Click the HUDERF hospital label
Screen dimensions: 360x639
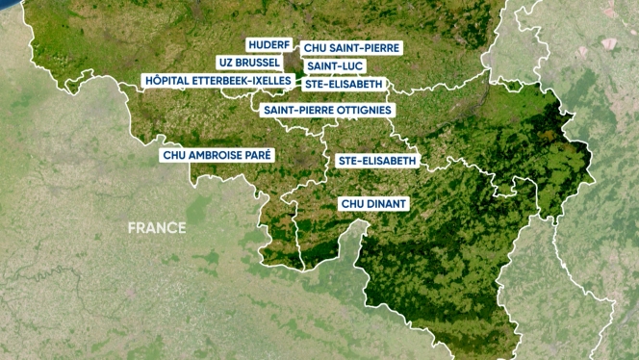point(268,45)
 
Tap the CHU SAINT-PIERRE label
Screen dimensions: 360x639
point(351,47)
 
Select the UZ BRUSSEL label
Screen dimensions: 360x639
point(249,63)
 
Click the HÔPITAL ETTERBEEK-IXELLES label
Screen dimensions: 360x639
point(217,81)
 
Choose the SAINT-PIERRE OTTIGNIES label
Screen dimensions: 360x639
point(327,110)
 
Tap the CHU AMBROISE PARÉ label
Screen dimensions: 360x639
point(218,154)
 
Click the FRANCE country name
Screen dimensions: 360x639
point(157,228)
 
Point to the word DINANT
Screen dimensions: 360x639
point(388,204)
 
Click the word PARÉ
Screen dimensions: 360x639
point(259,154)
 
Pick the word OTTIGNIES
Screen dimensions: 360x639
point(362,110)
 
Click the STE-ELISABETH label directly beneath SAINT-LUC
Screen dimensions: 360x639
point(344,84)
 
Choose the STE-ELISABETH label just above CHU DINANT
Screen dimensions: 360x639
point(377,160)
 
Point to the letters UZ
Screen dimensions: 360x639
point(227,63)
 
